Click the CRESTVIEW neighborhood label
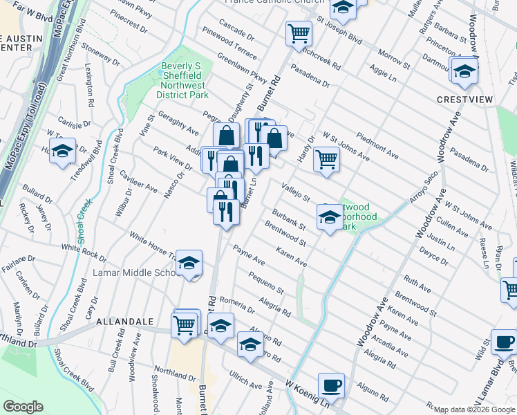(x=465, y=100)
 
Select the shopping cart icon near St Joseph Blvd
(x=299, y=33)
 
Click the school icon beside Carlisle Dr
(x=63, y=151)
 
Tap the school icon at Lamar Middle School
(x=189, y=263)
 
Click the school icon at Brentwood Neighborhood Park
(x=330, y=219)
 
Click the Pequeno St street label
(x=266, y=284)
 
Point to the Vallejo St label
(x=295, y=190)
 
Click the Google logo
(x=23, y=407)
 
